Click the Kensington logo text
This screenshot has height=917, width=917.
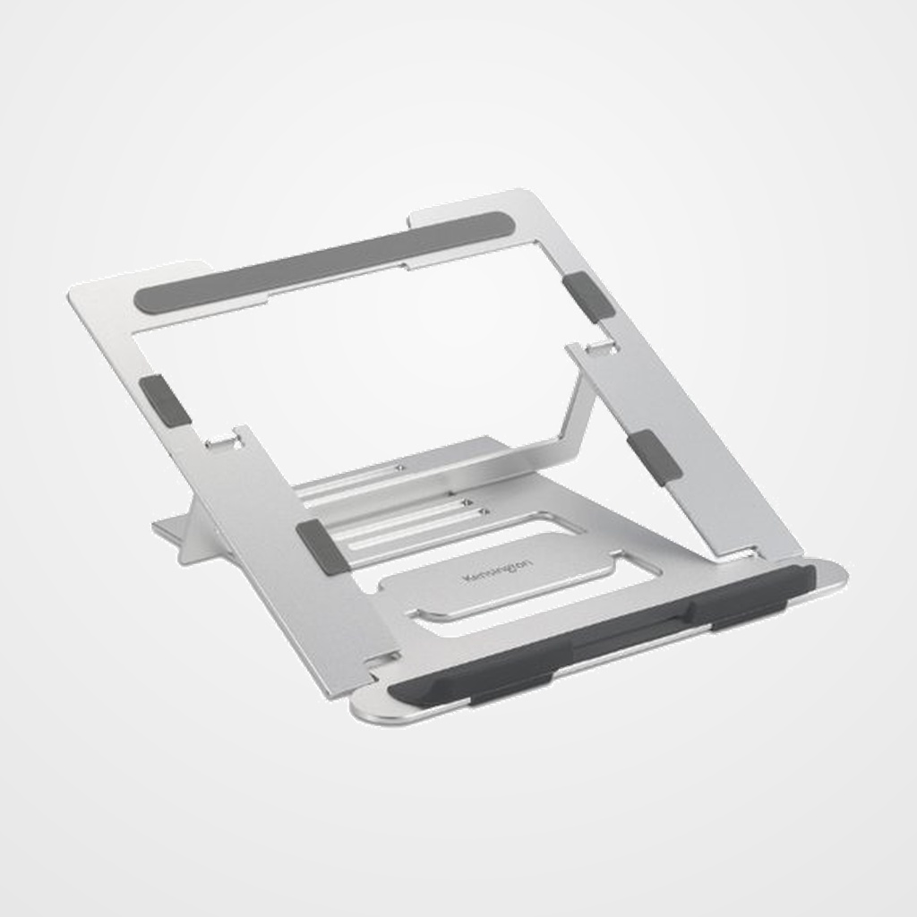coord(497,571)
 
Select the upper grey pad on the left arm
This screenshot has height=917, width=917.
coord(164,399)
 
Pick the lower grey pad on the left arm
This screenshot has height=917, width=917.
coord(321,546)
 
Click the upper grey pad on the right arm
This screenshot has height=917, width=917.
coord(588,296)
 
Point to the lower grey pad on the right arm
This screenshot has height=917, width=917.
coord(655,457)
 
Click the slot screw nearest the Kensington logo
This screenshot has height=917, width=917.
coord(484,512)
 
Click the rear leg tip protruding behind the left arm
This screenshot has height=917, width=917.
coord(170,528)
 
